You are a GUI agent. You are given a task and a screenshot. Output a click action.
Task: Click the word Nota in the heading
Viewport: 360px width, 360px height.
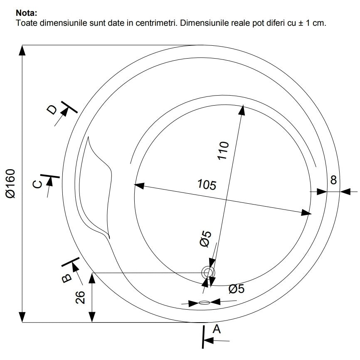tap(25, 13)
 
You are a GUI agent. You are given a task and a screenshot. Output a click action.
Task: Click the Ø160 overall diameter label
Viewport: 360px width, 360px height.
tap(10, 183)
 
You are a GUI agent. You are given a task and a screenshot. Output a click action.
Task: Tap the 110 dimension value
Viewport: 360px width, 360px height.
tap(223, 150)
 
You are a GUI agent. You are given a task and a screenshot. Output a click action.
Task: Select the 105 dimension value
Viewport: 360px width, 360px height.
tap(207, 185)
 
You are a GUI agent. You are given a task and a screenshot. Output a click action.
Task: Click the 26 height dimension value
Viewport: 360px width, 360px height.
tap(80, 297)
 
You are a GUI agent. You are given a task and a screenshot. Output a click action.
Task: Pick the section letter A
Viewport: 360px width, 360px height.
tap(217, 329)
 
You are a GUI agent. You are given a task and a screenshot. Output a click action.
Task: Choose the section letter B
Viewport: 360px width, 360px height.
tap(67, 278)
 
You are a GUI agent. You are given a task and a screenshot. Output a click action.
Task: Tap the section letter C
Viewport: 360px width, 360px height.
tap(37, 184)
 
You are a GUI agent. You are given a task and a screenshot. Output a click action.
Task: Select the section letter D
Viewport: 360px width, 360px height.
tap(52, 110)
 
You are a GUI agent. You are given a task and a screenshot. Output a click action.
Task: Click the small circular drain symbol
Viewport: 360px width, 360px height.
tap(208, 273)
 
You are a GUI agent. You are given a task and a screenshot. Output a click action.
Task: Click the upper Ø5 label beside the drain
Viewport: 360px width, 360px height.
tap(205, 239)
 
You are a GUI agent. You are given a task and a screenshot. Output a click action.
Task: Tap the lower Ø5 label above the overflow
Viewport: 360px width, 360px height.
tap(237, 289)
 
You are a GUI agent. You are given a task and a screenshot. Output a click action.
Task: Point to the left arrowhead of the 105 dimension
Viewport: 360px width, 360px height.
tap(139, 185)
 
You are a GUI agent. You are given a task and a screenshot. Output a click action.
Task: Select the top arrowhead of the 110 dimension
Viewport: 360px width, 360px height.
tap(242, 110)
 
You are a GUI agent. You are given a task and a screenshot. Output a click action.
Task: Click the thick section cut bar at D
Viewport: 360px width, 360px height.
tap(69, 107)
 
